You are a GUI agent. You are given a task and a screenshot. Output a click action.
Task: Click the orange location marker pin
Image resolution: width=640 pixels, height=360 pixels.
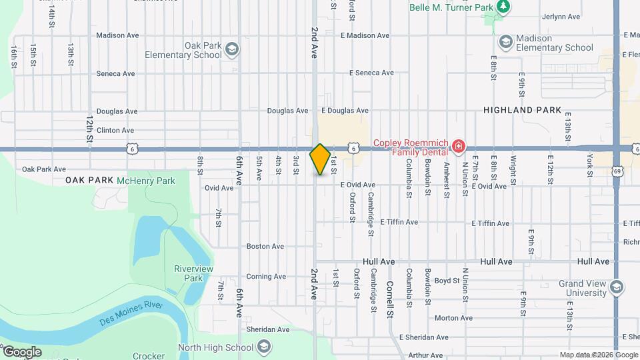point(320,159)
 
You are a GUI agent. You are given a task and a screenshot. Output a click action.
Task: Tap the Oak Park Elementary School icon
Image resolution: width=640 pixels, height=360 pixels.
point(231,49)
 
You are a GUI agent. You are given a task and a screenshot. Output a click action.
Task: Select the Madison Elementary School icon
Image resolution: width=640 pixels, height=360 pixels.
point(505,41)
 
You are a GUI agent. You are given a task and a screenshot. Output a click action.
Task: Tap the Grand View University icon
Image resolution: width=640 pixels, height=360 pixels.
point(616,287)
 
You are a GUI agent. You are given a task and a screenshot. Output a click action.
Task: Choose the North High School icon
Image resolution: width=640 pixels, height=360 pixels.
point(264,347)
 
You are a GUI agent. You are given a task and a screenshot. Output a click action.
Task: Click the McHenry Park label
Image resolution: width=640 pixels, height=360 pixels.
point(145,180)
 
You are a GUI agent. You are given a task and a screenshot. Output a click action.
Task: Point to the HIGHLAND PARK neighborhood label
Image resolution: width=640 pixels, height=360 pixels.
point(523,110)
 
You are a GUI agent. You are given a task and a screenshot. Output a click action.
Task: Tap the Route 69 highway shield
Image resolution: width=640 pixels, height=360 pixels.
point(618,171)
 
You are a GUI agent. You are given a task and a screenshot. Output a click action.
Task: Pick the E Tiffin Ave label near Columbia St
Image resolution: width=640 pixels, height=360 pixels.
point(399,222)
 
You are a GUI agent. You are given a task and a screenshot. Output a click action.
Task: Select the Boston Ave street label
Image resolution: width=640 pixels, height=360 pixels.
point(265,246)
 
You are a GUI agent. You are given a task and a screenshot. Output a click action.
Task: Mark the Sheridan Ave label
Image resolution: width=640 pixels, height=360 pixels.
point(268,329)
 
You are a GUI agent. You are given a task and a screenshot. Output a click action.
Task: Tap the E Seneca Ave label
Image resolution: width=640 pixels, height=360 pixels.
point(371,73)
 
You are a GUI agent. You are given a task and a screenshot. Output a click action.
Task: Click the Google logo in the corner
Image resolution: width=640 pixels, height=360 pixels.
point(21,351)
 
